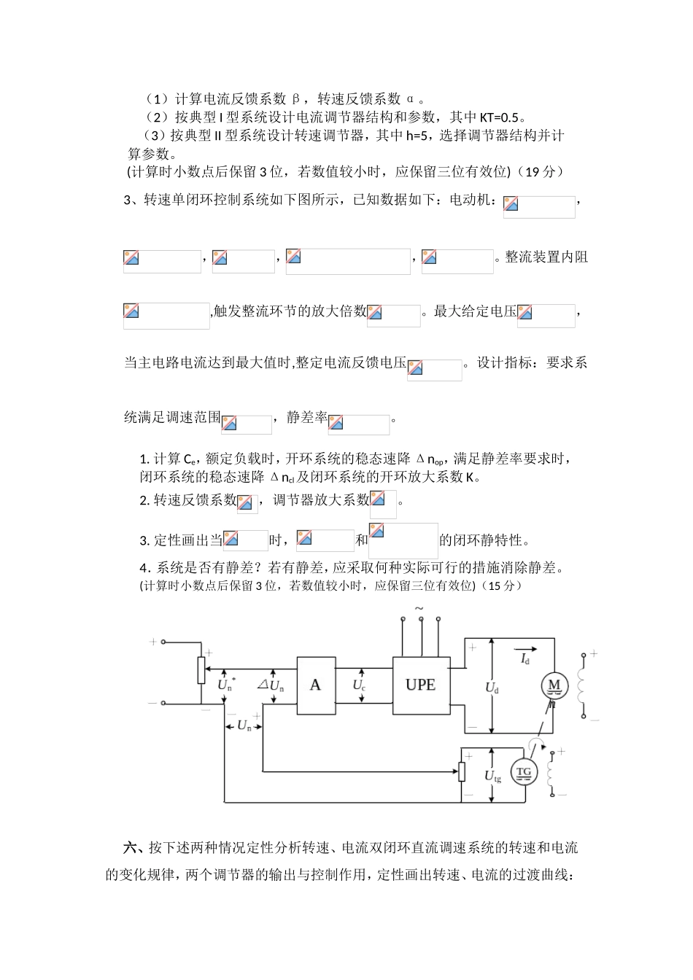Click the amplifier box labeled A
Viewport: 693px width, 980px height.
315,685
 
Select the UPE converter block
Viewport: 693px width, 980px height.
420,685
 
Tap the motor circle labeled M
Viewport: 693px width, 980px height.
554,685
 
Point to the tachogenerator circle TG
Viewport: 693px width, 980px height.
524,773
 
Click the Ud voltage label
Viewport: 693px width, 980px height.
492,687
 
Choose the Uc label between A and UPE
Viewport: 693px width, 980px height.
359,685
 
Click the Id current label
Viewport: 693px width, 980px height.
524,659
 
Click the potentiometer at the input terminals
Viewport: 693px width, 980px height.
201,670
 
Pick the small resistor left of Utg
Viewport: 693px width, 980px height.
462,771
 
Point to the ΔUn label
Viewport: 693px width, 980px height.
271,685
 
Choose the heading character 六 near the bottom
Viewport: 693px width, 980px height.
131,848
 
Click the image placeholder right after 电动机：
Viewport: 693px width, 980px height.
539,206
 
